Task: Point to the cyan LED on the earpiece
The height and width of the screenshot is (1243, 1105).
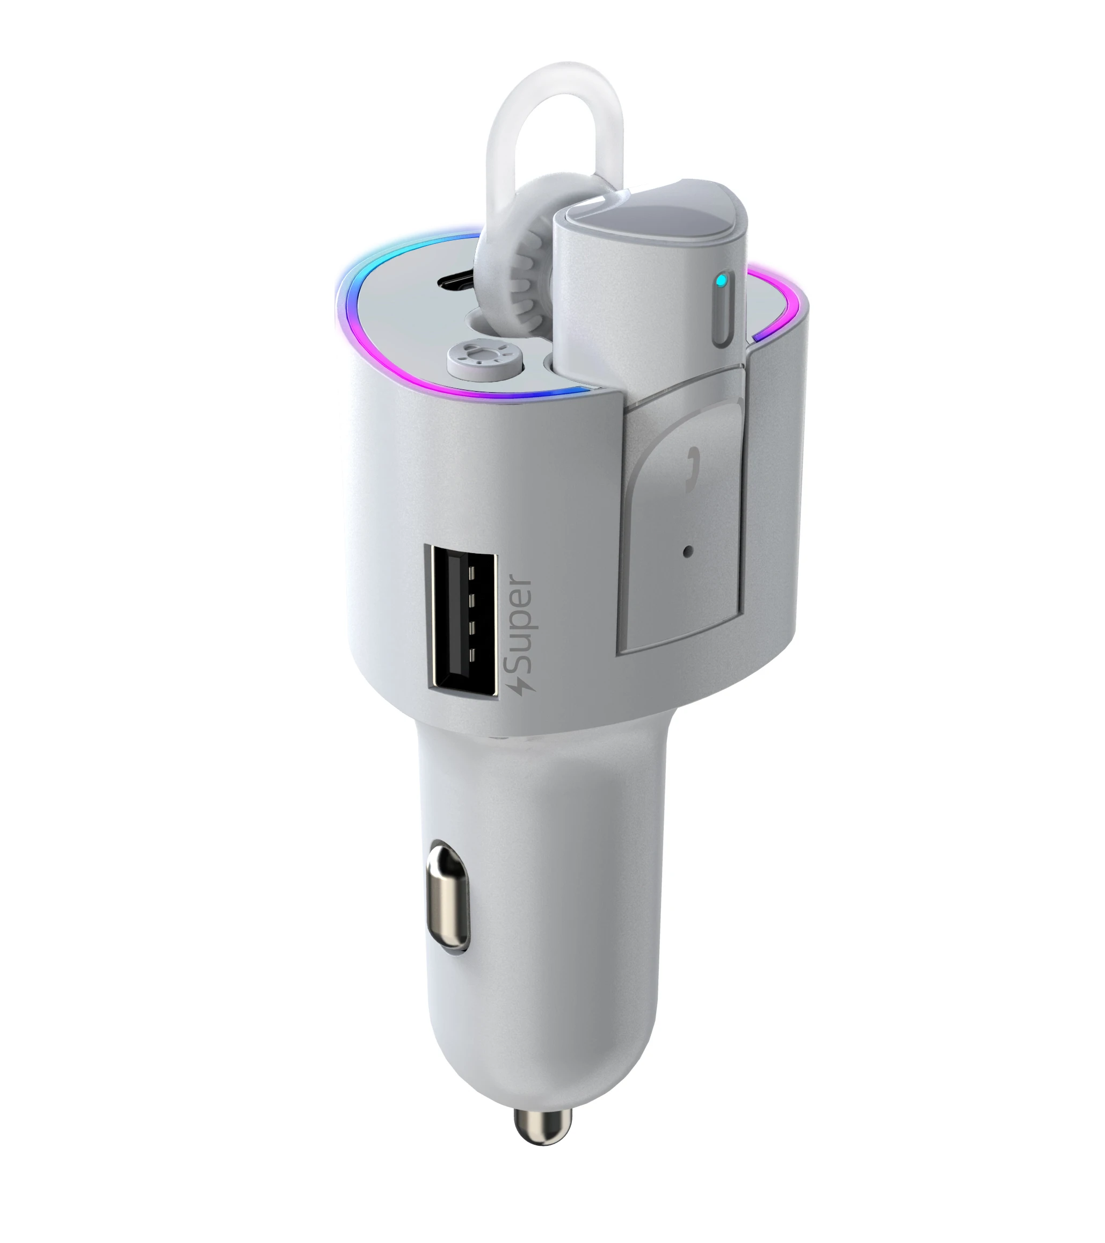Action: (721, 281)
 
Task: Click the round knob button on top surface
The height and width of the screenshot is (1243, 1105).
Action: (485, 358)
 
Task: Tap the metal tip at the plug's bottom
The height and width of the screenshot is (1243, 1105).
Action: (543, 1127)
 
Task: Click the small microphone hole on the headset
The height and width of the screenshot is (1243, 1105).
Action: (688, 552)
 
